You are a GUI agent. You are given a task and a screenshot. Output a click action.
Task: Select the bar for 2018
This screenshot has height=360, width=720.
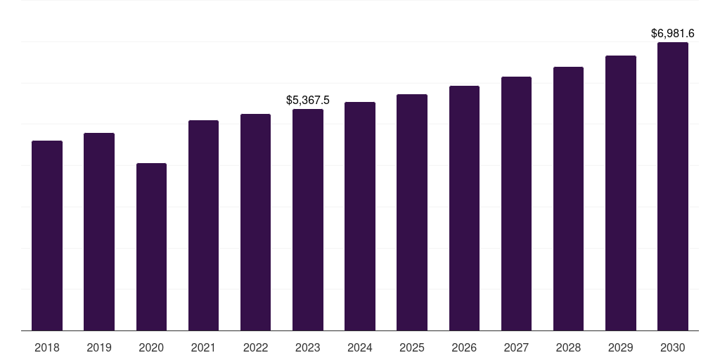(x=47, y=236)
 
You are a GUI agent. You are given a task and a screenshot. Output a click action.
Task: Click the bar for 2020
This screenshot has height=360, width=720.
(x=151, y=247)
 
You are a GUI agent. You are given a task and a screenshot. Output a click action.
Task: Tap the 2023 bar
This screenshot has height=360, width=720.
(x=308, y=219)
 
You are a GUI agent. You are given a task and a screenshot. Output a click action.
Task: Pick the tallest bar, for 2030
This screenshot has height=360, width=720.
(x=672, y=186)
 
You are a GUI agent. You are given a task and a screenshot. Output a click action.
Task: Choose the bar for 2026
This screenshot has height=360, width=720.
(x=464, y=208)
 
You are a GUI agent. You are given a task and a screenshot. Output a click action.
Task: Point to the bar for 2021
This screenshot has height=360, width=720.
(x=203, y=225)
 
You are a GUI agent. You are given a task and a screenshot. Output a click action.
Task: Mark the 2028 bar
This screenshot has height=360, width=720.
(x=568, y=198)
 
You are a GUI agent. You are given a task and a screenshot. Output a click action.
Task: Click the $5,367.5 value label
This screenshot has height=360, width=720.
(x=308, y=101)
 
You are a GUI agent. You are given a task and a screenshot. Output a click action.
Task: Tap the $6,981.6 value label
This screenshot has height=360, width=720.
(x=672, y=33)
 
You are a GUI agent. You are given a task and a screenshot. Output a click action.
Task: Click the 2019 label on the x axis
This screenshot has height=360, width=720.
(x=99, y=347)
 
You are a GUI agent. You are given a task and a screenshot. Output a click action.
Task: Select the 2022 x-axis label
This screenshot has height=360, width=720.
(x=255, y=347)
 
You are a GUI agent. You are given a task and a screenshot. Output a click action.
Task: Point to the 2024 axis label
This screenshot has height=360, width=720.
(x=360, y=347)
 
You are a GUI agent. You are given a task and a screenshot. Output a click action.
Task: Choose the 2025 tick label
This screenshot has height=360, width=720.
(x=412, y=347)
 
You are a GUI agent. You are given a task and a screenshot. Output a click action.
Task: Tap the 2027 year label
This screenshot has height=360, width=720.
(x=516, y=347)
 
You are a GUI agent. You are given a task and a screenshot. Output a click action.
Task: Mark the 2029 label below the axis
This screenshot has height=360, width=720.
(x=620, y=347)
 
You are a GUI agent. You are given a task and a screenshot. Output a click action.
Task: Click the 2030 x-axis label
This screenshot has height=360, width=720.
(x=672, y=347)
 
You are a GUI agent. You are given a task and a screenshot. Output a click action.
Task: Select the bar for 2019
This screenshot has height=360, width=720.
(x=99, y=231)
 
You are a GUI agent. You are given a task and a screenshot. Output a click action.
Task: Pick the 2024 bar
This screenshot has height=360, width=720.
(x=360, y=216)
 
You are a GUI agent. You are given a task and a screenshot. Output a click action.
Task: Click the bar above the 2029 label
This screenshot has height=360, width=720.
(x=620, y=193)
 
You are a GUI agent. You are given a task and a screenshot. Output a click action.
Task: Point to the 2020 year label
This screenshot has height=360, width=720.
(x=151, y=347)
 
